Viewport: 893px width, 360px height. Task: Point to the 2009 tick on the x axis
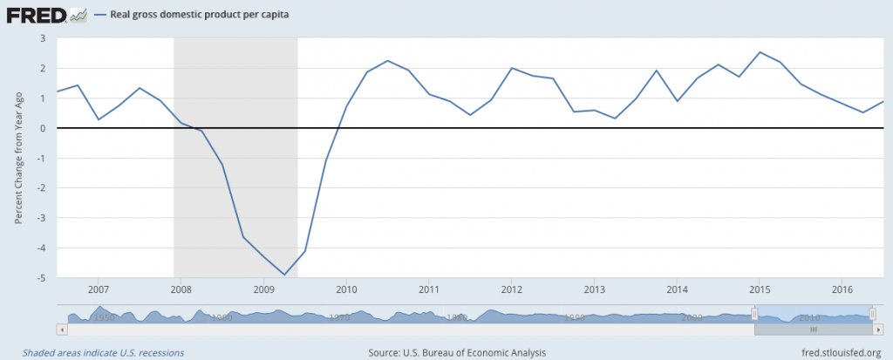coord(263,289)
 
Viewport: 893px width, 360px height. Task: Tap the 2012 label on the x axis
coord(511,289)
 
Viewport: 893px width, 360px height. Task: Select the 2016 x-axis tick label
coord(842,289)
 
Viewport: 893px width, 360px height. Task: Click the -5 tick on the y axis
coord(39,278)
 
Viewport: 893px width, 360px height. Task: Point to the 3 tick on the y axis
coord(41,38)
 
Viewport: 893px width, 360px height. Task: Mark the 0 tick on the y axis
coord(41,128)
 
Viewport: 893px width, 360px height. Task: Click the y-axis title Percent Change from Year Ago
coord(18,158)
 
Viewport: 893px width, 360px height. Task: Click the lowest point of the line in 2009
coord(284,275)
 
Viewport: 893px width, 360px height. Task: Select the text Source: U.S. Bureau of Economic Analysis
coord(458,352)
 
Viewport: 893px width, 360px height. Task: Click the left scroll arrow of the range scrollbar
coord(62,330)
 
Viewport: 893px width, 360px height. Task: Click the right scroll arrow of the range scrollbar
coord(877,330)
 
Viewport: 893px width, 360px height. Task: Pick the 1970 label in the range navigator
coord(339,318)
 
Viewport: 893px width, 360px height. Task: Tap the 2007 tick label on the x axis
coord(98,289)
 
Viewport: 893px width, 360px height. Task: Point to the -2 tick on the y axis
coord(39,188)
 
